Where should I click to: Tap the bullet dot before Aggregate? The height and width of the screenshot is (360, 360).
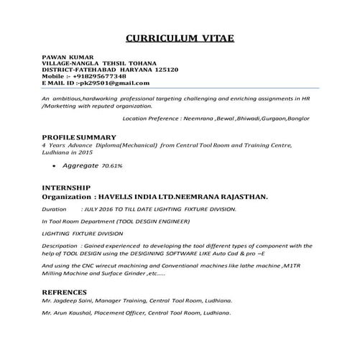pyautogui.click(x=55, y=166)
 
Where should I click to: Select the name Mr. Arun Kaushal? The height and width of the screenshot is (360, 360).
pyautogui.click(x=73, y=314)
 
